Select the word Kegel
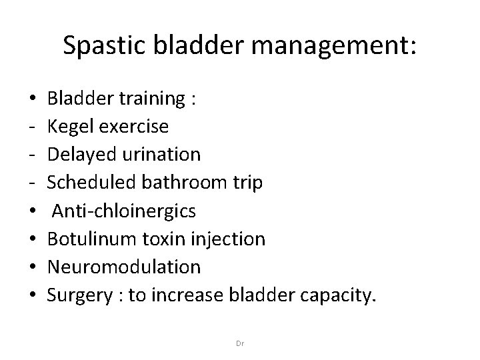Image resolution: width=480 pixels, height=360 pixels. [x=70, y=127]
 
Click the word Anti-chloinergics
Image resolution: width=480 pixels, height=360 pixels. [x=124, y=211]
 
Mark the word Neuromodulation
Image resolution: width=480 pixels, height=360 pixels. [x=123, y=267]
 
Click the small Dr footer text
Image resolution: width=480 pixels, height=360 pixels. [x=240, y=343]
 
